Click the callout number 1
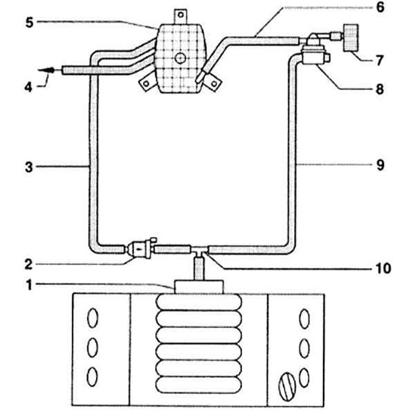(x=29, y=285)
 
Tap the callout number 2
(x=29, y=264)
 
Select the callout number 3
(x=29, y=167)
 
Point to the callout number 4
(x=29, y=87)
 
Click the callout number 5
(x=29, y=22)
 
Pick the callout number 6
(x=380, y=7)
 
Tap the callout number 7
(x=380, y=61)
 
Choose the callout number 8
(x=380, y=89)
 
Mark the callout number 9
(x=380, y=165)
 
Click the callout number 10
(x=383, y=268)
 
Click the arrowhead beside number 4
(x=47, y=70)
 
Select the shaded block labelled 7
(x=351, y=38)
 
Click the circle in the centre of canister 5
(x=181, y=58)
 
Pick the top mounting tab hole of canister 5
(x=181, y=14)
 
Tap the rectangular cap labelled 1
(x=199, y=287)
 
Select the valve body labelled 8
(x=315, y=55)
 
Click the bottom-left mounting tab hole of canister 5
(x=146, y=84)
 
